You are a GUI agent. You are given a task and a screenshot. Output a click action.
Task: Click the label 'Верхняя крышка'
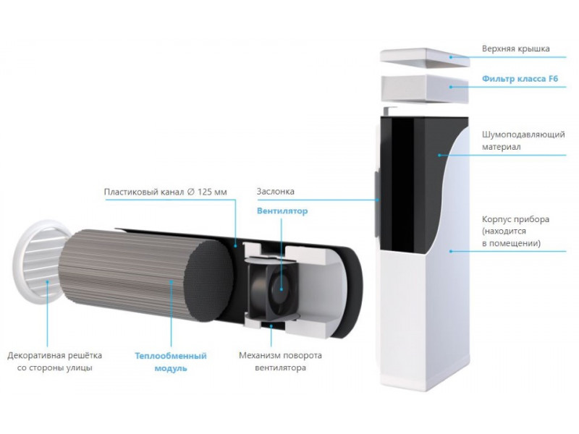point(516,48)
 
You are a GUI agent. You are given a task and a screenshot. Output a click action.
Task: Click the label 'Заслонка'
point(275,191)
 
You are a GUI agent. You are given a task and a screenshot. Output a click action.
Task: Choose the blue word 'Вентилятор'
point(282,211)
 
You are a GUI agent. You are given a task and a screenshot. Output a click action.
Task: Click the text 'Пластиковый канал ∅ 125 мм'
point(165,192)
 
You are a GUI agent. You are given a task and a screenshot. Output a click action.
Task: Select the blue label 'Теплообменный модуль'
point(170,362)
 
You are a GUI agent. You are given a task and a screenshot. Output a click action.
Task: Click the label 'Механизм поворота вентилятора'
point(280,362)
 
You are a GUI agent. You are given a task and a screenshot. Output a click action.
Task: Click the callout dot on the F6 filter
point(450,87)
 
